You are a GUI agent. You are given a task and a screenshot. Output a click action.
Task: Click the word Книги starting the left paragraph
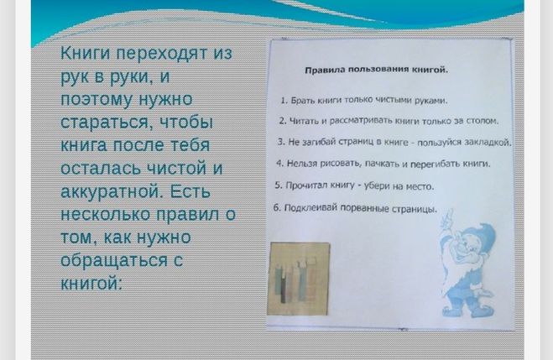point(85,54)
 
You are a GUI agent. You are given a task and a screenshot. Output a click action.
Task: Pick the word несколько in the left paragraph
point(105,214)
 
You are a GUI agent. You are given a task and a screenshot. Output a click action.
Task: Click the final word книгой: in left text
point(91,283)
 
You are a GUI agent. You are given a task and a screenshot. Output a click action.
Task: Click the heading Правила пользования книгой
point(376,70)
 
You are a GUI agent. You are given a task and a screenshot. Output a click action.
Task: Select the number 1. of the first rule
point(284,101)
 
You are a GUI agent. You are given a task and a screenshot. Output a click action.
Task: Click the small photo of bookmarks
point(300,279)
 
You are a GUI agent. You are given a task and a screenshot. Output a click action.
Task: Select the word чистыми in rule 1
point(393,101)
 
